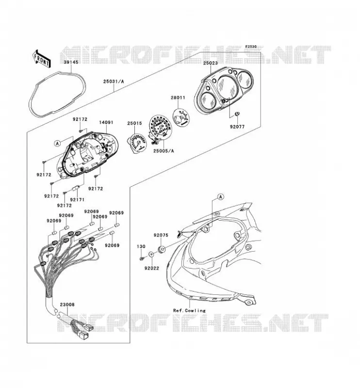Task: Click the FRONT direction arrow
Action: tap(41, 58)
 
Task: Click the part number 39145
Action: tap(71, 62)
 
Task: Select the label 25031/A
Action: tap(114, 81)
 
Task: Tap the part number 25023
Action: tap(211, 63)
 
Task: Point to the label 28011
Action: tap(178, 98)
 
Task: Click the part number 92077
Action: tap(237, 127)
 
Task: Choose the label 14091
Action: tap(106, 122)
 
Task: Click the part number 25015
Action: tap(135, 123)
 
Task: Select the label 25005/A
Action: tap(164, 151)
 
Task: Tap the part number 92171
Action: tap(77, 199)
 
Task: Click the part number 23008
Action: tap(67, 305)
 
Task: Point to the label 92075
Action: tap(161, 235)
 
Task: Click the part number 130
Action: tap(141, 246)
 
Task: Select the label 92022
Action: tap(152, 268)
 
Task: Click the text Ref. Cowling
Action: tap(189, 310)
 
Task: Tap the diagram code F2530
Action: tap(251, 47)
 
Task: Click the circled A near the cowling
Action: tap(221, 197)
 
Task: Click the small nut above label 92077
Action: tap(237, 114)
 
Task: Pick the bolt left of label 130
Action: tap(141, 259)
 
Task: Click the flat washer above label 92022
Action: tap(151, 254)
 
